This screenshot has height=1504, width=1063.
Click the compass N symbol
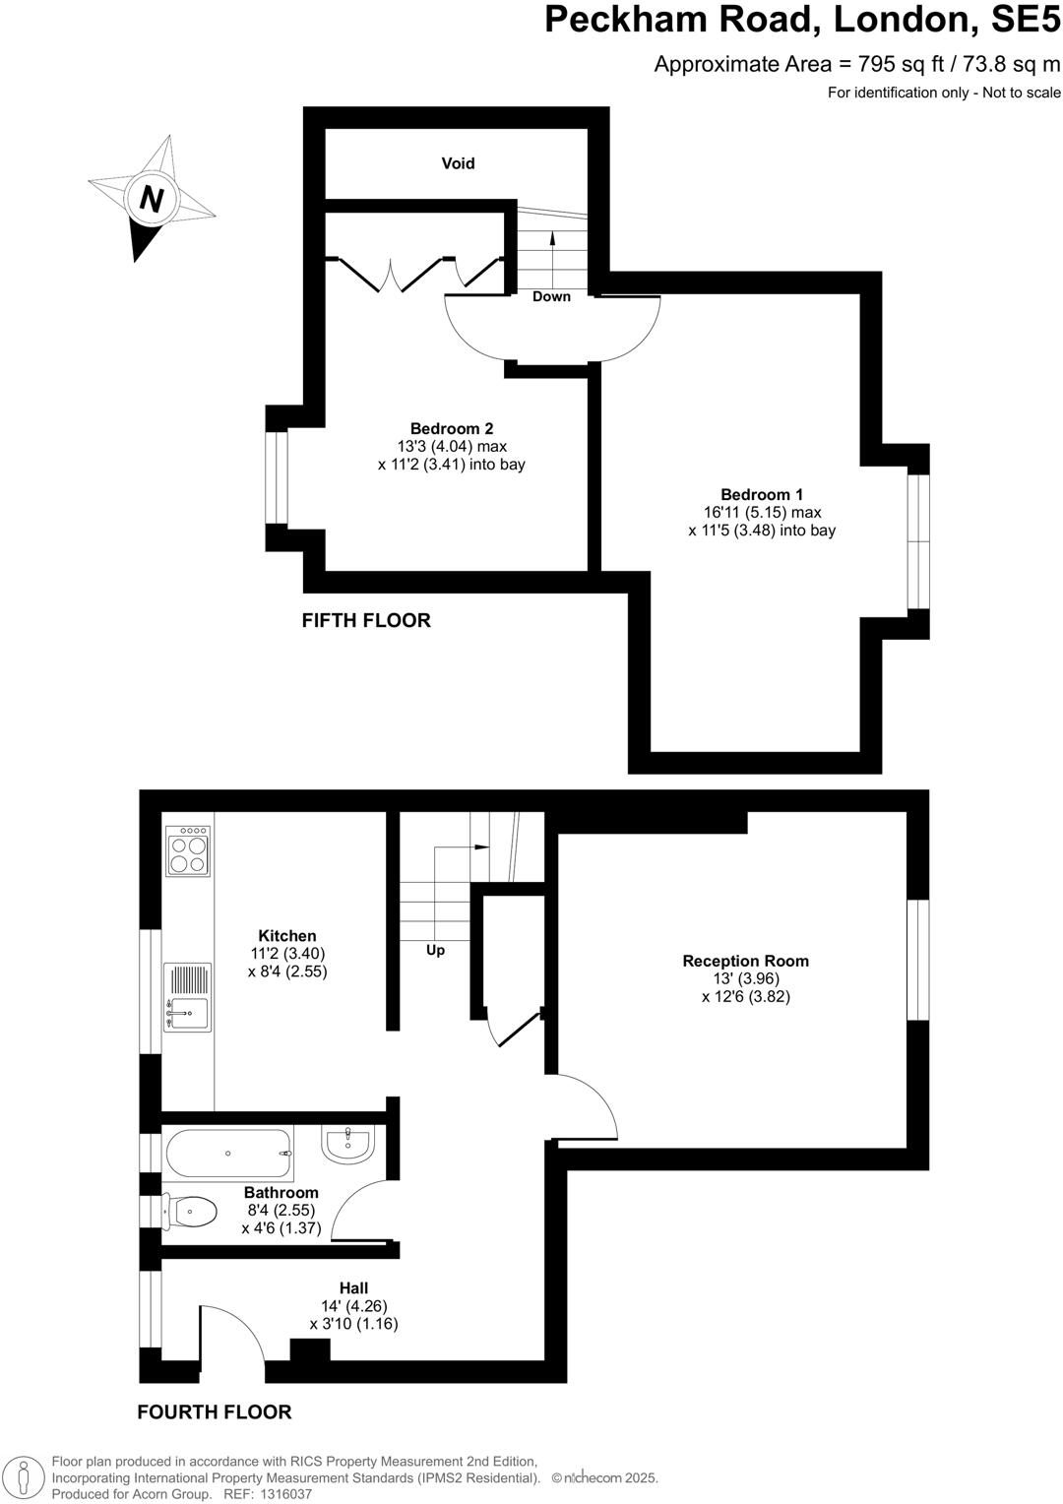(151, 200)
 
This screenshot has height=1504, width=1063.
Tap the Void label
(458, 163)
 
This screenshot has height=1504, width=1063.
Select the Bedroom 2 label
(451, 429)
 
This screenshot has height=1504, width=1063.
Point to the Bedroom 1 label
(761, 495)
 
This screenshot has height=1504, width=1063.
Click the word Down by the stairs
(551, 296)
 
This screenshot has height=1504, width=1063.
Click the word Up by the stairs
(435, 950)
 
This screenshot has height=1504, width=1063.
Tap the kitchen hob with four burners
(188, 850)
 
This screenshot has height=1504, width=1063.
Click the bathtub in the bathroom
(228, 1154)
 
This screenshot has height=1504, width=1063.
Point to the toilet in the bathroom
(190, 1211)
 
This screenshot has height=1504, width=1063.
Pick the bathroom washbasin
(345, 1144)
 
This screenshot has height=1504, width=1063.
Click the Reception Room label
(745, 961)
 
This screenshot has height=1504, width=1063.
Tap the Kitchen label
(287, 936)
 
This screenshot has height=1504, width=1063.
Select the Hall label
(353, 1287)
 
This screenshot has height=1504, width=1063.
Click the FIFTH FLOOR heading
(366, 620)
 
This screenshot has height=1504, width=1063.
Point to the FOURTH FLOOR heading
(215, 1411)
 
